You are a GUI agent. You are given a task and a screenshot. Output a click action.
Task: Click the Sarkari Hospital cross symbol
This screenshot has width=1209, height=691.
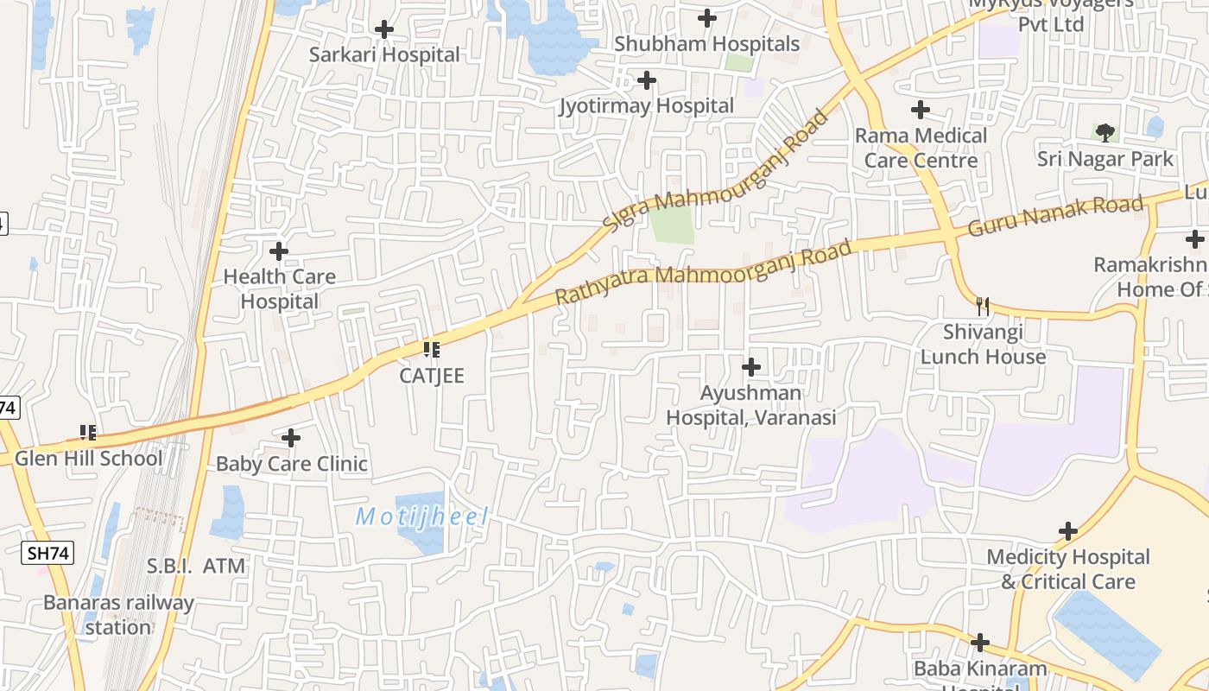point(384,30)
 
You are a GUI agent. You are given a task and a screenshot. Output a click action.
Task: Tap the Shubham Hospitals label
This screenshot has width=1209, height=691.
point(706,43)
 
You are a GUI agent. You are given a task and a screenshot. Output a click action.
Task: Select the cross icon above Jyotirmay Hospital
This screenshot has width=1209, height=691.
point(646,81)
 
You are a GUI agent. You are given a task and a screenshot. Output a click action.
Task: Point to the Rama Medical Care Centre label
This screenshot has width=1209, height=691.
point(921,148)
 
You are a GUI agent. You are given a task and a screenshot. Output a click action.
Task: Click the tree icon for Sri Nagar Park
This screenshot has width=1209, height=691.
point(1105,132)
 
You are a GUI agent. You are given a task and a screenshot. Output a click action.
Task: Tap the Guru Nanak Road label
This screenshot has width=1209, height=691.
point(1055,216)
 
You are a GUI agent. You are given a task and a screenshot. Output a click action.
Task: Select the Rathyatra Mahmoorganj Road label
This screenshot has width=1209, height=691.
point(703,273)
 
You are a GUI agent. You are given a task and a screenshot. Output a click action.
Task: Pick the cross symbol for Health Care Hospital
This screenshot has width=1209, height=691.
point(279,252)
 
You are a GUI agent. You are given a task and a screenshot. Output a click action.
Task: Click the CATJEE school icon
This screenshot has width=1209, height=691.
point(432,350)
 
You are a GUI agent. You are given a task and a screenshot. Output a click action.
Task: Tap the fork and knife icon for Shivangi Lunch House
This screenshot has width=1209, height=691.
point(982,306)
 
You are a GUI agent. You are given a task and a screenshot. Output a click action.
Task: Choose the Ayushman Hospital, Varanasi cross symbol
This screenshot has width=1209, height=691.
point(751,367)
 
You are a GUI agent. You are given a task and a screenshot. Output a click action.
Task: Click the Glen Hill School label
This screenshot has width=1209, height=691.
point(88,458)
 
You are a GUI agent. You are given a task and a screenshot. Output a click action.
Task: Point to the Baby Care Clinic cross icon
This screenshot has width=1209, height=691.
point(291,438)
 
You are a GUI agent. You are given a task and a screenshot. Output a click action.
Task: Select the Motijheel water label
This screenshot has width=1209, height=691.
point(422,517)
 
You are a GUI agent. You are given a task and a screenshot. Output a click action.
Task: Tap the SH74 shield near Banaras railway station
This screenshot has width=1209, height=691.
point(48,553)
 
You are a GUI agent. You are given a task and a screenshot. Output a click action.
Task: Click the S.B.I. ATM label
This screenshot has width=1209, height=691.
point(196,567)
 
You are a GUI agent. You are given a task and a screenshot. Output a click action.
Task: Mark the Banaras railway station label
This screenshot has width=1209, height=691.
point(118,615)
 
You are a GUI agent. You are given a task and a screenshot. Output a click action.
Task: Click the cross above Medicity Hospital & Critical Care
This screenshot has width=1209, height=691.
point(1068,531)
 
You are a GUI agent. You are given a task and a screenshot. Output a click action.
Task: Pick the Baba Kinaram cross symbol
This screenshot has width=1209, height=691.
point(979,643)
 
